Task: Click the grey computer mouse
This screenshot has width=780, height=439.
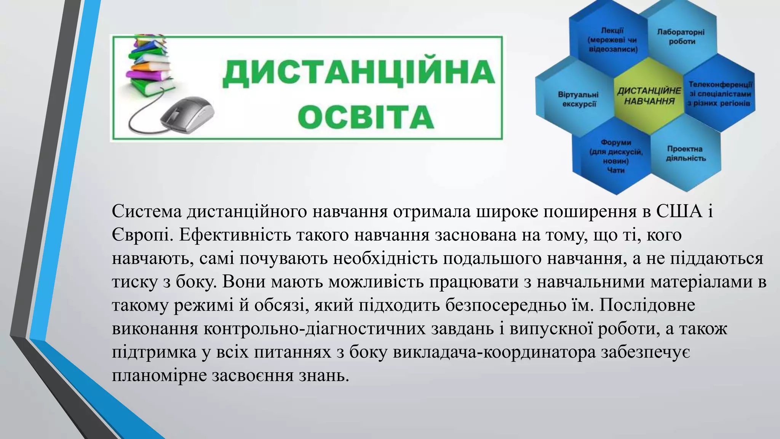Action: [187, 114]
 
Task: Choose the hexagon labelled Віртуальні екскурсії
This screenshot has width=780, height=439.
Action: [578, 99]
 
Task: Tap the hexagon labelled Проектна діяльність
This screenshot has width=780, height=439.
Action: [686, 154]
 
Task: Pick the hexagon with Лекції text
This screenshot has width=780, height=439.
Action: [612, 40]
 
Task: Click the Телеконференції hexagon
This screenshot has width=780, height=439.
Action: [720, 94]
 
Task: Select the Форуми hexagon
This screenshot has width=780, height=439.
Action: [616, 156]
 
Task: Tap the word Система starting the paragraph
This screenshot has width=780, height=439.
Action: [147, 211]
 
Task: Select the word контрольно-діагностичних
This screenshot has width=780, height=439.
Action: [314, 328]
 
